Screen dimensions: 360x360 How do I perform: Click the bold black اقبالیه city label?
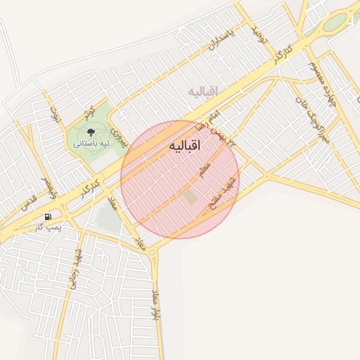tap(185, 146)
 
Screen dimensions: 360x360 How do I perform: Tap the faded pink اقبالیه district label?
tap(203, 91)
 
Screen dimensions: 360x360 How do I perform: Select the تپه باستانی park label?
tap(91, 143)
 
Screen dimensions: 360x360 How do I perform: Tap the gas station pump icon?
tap(47, 217)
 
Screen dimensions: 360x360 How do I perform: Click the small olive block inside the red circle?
tap(191, 198)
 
